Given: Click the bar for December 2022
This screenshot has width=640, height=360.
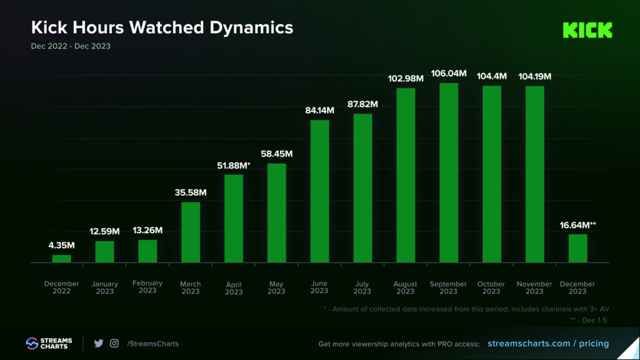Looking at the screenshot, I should tap(61, 258).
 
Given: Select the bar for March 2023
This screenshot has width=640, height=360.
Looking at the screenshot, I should tap(191, 232).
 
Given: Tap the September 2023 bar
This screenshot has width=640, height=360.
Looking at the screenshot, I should tap(449, 172).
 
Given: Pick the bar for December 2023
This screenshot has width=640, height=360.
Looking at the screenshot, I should tap(577, 248).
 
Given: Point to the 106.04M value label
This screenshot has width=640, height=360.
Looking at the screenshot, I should tap(449, 73).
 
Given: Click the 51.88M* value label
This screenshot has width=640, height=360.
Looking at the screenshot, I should tap(234, 165).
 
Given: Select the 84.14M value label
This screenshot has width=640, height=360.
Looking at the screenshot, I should tap(319, 111).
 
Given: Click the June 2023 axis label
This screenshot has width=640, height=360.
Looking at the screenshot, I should tap(319, 287).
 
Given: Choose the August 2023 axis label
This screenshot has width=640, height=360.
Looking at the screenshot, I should tap(406, 287).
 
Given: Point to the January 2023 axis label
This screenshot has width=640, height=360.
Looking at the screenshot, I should tap(104, 287).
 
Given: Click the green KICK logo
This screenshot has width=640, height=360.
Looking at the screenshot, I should tap(587, 30).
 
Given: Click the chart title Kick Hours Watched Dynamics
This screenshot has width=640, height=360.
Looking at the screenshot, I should tap(162, 27).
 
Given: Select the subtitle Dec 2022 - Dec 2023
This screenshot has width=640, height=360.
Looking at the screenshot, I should tap(71, 46).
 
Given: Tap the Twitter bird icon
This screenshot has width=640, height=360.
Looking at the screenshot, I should tap(98, 343).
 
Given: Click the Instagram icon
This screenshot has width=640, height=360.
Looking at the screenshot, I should tap(114, 343).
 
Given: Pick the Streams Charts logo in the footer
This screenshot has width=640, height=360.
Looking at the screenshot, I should tap(49, 343).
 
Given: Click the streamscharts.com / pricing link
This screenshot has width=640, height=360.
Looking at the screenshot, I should tap(547, 343).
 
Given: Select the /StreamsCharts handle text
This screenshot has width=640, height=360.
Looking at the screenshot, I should tap(152, 343).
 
